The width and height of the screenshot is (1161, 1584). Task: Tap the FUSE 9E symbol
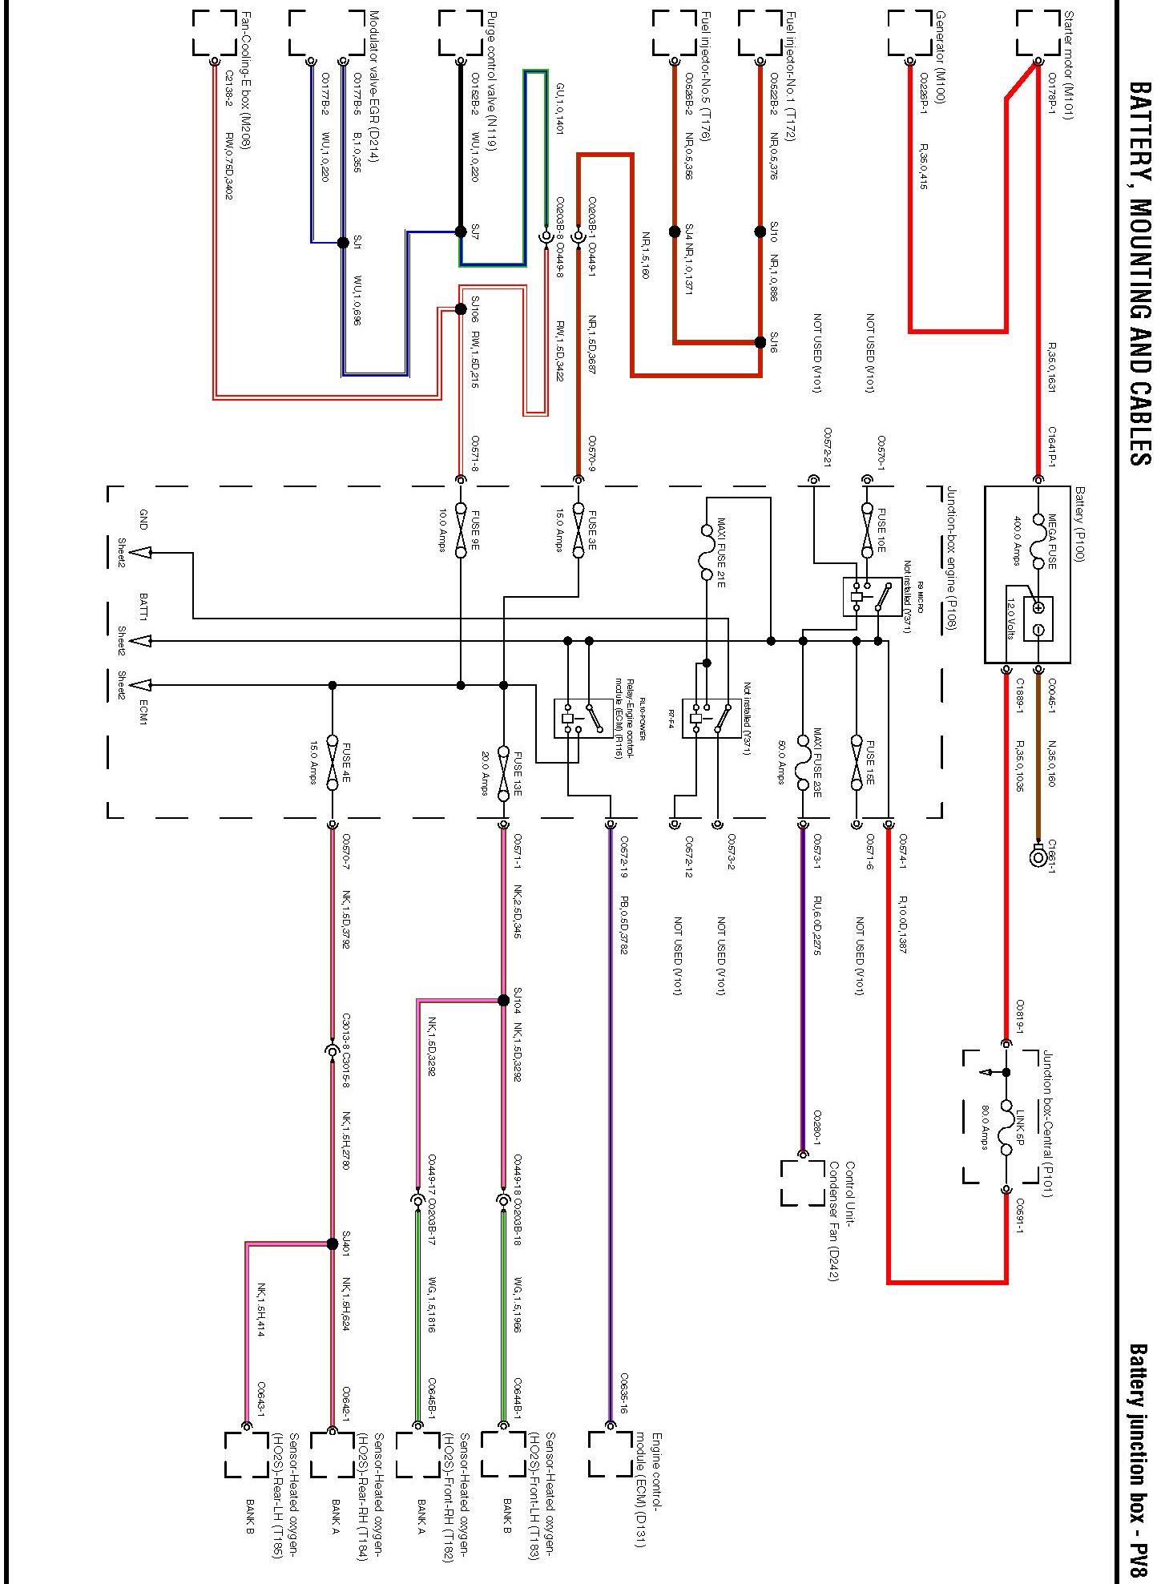point(461,530)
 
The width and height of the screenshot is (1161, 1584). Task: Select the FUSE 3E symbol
point(578,530)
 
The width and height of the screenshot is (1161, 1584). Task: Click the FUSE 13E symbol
point(503,772)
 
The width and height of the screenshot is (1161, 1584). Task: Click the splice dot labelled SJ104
point(503,1000)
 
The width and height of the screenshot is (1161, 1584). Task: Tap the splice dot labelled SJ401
point(333,1243)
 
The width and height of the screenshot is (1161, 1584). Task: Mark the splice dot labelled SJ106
point(461,309)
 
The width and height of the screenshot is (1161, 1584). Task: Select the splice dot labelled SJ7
point(461,232)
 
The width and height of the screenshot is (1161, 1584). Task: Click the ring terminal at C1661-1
point(1038,856)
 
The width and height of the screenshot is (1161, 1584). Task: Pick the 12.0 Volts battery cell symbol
point(1038,619)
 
